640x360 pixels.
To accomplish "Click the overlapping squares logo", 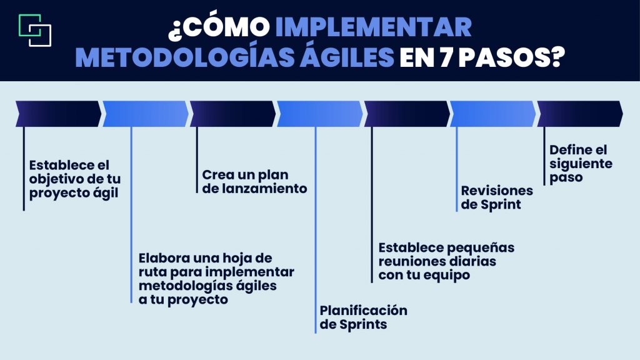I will coord(35,29).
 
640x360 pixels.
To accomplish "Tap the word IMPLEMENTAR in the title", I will coord(373,27).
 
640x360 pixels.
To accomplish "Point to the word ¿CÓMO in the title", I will coord(219,27).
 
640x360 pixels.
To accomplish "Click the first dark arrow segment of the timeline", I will coord(58,114).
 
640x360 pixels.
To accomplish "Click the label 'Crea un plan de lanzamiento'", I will coord(254,181).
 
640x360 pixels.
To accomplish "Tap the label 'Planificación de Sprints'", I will coord(363,317).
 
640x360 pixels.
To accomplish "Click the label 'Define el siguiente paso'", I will coord(581,163).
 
